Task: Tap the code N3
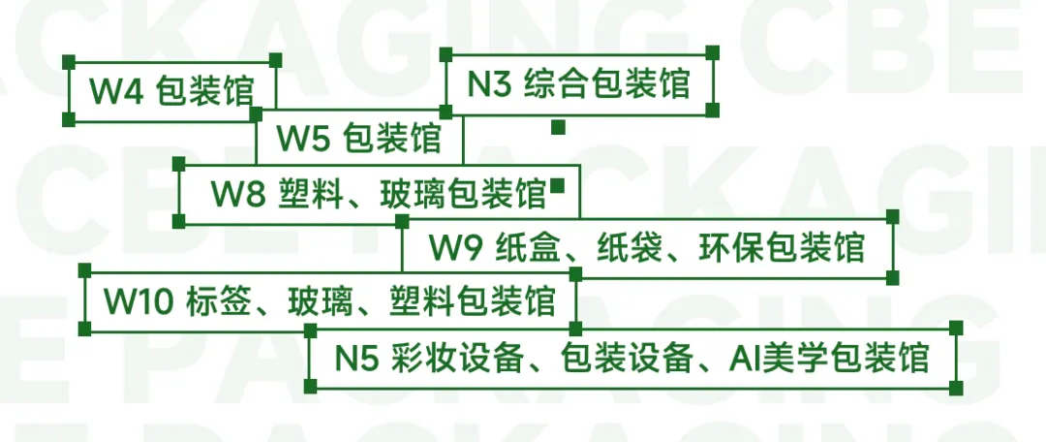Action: [x=490, y=84]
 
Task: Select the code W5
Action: [x=304, y=139]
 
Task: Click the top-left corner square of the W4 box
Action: [x=69, y=61]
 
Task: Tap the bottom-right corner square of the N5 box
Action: [x=956, y=386]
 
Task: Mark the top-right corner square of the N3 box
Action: [x=712, y=51]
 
